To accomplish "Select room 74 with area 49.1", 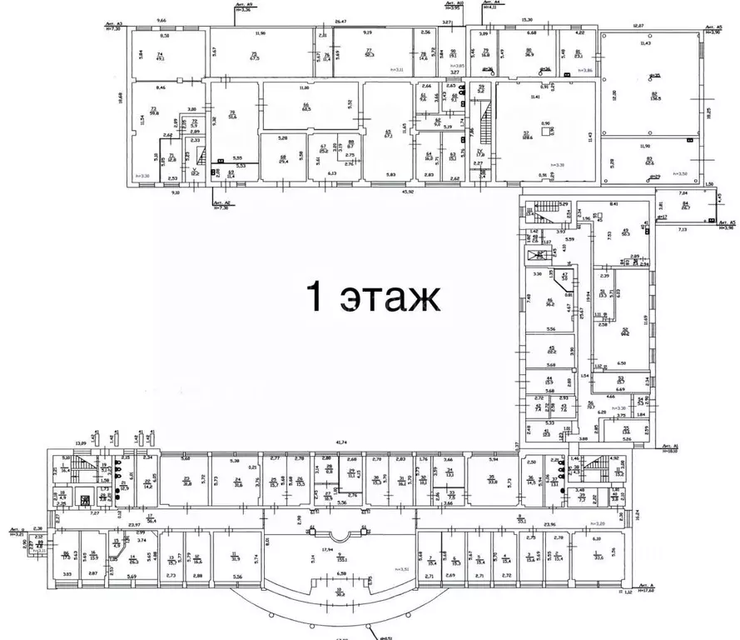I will click(x=161, y=55).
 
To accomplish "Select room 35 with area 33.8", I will click(x=492, y=479).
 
